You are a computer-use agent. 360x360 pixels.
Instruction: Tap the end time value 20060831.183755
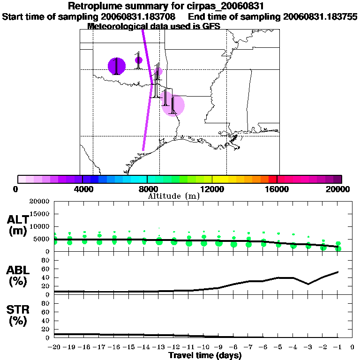coord(321,16)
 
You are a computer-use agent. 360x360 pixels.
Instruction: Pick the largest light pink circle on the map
coord(172,105)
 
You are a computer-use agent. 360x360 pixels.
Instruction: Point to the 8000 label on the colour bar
coord(147,189)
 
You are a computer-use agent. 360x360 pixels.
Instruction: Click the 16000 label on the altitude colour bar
coord(277,189)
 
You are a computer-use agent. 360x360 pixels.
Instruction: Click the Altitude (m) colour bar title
coord(173,196)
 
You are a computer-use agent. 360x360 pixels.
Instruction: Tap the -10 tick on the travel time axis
coord(203,347)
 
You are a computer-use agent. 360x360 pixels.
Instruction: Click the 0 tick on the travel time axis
coord(352,347)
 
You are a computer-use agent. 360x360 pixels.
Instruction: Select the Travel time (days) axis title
coord(205,355)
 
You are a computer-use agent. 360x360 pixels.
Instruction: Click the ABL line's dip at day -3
coord(308,284)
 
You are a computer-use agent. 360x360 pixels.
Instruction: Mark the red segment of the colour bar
coord(272,179)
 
